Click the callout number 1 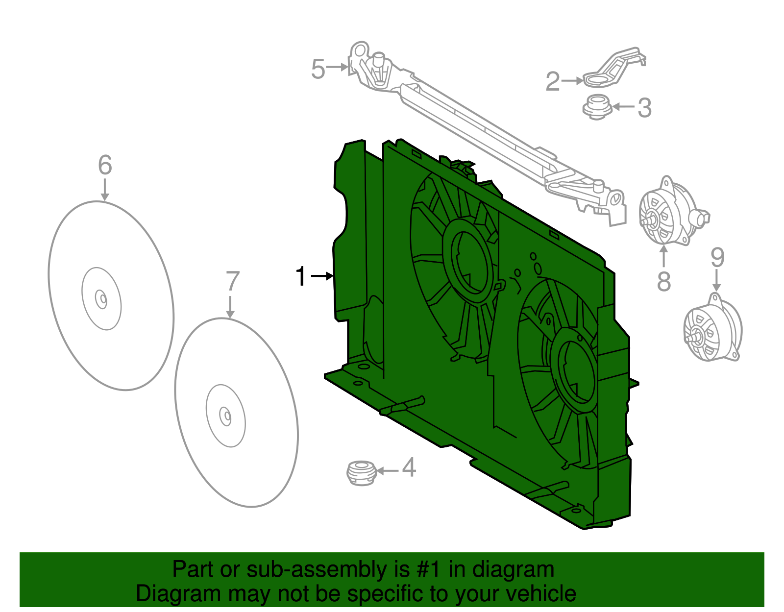tap(301, 276)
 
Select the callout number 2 tap(552, 81)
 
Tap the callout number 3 tap(644, 108)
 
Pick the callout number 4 tap(409, 467)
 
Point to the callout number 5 tap(318, 69)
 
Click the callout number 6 tap(105, 165)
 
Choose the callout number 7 tap(232, 282)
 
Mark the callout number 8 tap(663, 282)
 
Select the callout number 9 tap(717, 257)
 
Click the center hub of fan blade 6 tap(101, 298)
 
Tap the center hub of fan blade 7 tap(226, 416)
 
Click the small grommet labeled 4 tap(361, 472)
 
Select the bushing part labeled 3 tap(597, 107)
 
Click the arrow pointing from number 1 tap(322, 276)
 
